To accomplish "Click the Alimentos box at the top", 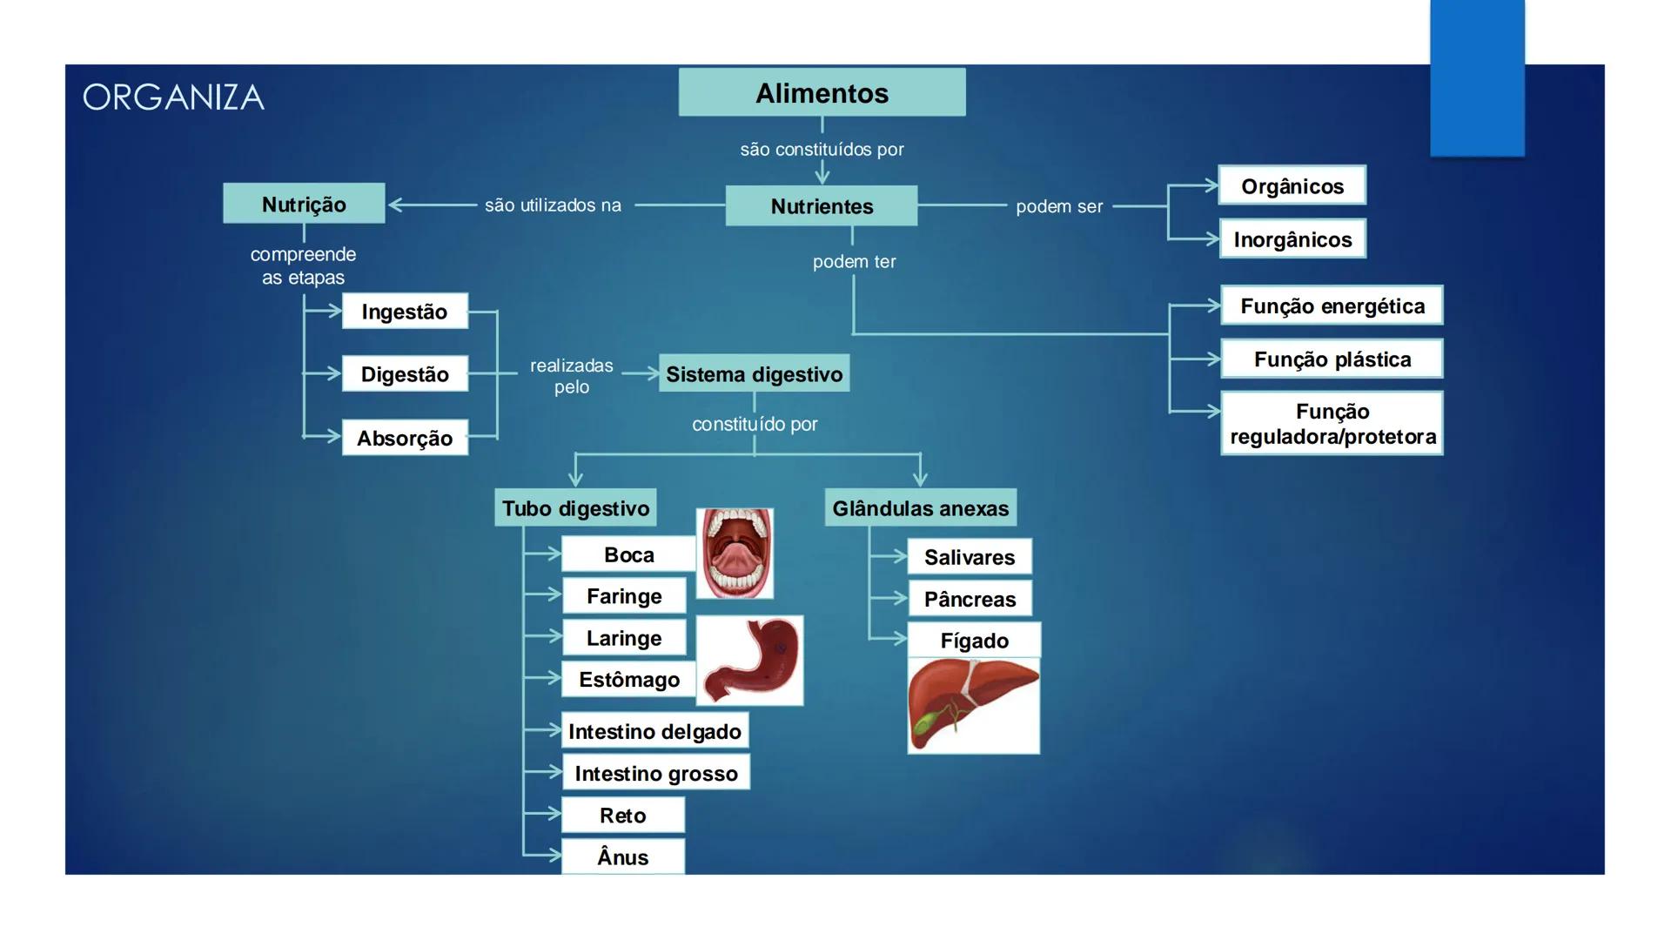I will (x=822, y=92).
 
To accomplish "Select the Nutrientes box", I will (x=822, y=206).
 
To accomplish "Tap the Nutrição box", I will (x=304, y=204).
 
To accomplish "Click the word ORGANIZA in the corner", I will (x=173, y=97).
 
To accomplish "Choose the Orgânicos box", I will (x=1292, y=185).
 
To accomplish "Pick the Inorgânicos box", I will (x=1292, y=239).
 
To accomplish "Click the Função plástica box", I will (x=1332, y=359).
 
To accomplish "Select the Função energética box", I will (x=1332, y=305).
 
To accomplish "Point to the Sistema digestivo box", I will (x=754, y=373).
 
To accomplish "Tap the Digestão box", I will (x=405, y=374).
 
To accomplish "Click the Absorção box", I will (x=405, y=438).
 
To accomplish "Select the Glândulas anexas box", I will (x=920, y=507).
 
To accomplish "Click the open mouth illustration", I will (x=735, y=553).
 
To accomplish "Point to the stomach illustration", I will (x=750, y=661).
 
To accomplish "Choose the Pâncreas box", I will (x=970, y=599).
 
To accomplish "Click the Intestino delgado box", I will (x=654, y=731).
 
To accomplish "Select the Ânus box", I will (x=623, y=857).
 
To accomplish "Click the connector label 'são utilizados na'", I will (x=553, y=205).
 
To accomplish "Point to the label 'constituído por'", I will (x=755, y=424).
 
